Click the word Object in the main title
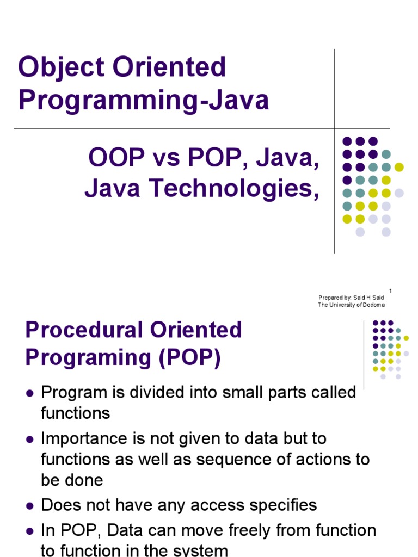click(x=62, y=68)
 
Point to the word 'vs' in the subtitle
click(x=166, y=159)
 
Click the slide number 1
click(x=390, y=291)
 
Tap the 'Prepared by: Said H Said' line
click(x=351, y=298)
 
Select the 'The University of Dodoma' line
click(x=351, y=305)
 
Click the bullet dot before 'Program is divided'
click(x=30, y=393)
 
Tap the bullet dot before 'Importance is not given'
click(x=30, y=440)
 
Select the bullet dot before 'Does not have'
click(x=30, y=506)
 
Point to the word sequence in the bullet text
click(x=234, y=460)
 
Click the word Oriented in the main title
click(x=169, y=67)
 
